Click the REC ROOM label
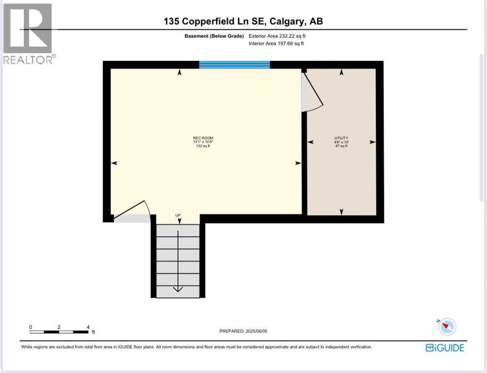[203, 138]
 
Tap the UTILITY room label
[341, 138]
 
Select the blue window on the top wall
[234, 65]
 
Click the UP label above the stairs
[178, 215]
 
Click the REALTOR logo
[28, 34]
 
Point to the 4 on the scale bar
[88, 327]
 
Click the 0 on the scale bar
[31, 327]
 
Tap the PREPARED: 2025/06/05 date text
[243, 331]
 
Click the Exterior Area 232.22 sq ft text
[277, 36]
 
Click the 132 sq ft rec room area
[203, 146]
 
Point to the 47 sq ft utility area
[341, 146]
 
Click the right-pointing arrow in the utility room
[372, 142]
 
